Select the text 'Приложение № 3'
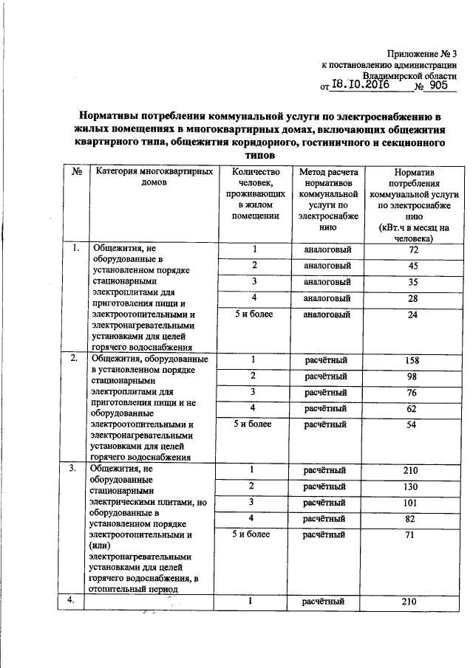(x=422, y=53)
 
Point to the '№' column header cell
(x=76, y=172)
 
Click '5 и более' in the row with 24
(x=253, y=314)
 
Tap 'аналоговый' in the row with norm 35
(x=327, y=282)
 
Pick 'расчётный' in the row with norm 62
(x=327, y=409)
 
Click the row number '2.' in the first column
(x=74, y=359)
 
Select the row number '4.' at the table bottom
(x=74, y=601)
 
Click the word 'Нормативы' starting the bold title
(x=118, y=117)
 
